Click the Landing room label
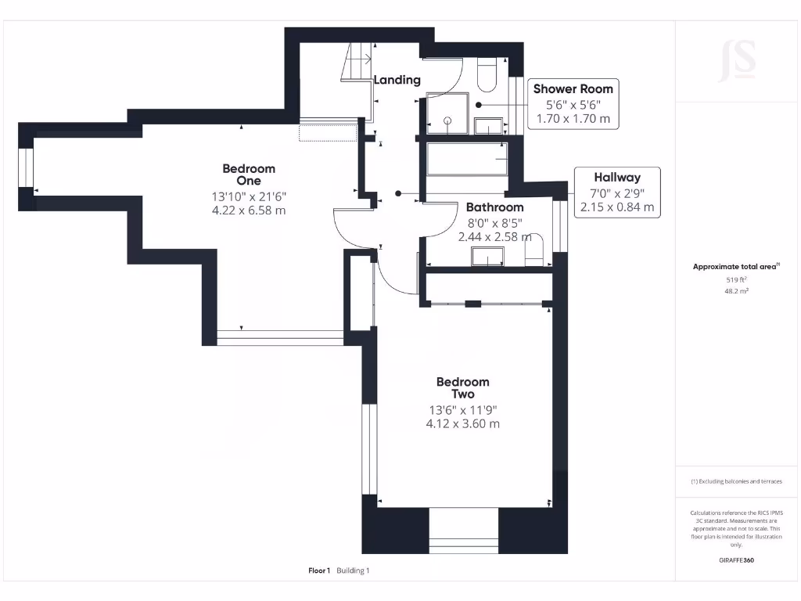click(397, 80)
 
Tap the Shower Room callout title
click(573, 88)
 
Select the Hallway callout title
click(616, 178)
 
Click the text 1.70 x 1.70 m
click(573, 120)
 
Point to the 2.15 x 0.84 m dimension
click(616, 207)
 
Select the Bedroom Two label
click(462, 388)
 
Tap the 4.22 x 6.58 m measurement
click(249, 210)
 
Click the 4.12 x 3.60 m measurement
click(462, 423)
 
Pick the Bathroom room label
click(494, 207)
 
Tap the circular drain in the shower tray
click(448, 121)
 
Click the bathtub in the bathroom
click(467, 162)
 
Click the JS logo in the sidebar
click(737, 60)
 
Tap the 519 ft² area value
click(736, 279)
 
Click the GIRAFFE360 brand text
click(736, 560)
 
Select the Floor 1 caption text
click(319, 570)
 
